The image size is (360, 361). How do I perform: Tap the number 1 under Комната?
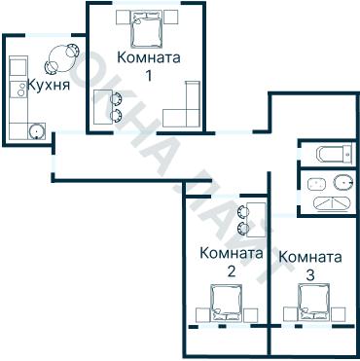[x=148, y=75]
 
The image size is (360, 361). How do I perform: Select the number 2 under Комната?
[x=230, y=271]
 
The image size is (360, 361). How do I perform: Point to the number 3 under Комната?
[x=309, y=275]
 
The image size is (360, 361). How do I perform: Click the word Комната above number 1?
[x=148, y=57]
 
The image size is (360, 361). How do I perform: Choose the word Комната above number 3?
[x=309, y=258]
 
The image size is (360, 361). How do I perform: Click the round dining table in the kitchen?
[x=60, y=57]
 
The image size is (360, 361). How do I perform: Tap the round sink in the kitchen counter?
[x=37, y=131]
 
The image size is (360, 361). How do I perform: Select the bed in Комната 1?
[x=148, y=27]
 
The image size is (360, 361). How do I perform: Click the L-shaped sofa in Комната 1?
[x=185, y=109]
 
